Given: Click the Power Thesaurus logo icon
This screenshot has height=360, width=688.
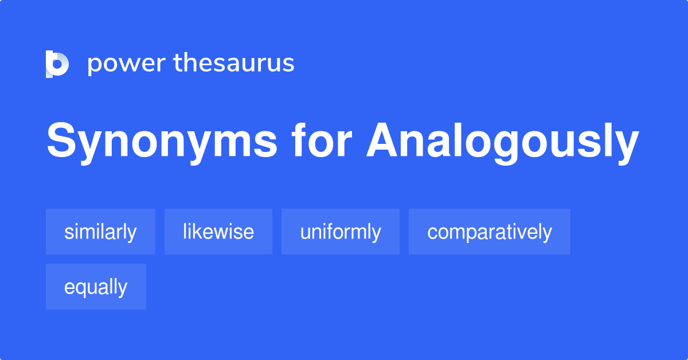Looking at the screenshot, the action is click(x=57, y=64).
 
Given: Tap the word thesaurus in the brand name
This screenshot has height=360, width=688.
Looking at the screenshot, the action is click(x=234, y=62).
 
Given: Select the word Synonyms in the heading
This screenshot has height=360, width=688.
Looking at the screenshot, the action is click(x=162, y=142).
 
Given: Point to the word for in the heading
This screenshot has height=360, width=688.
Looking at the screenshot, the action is click(x=322, y=140).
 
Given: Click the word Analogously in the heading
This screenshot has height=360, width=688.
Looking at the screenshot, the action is click(x=503, y=142).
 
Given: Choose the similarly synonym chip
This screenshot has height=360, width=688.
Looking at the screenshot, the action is click(x=100, y=232).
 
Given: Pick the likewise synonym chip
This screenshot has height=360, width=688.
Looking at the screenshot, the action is click(x=218, y=232).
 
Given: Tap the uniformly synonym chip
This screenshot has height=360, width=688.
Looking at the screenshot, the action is click(x=341, y=232).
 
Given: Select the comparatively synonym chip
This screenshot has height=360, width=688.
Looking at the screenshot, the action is click(x=490, y=232).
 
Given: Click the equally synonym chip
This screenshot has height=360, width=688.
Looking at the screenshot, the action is click(x=96, y=287).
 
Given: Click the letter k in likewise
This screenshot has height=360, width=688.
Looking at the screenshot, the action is click(x=197, y=231).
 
